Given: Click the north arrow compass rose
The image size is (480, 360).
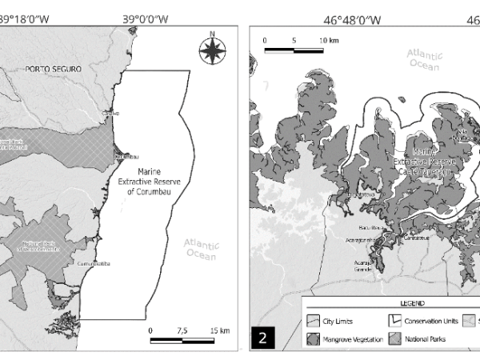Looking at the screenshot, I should [x=211, y=49].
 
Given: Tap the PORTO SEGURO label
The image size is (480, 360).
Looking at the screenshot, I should [x=54, y=70].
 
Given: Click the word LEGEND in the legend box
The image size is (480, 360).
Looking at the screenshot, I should [x=391, y=304].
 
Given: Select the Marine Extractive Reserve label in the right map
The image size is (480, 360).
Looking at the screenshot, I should [x=424, y=161].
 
